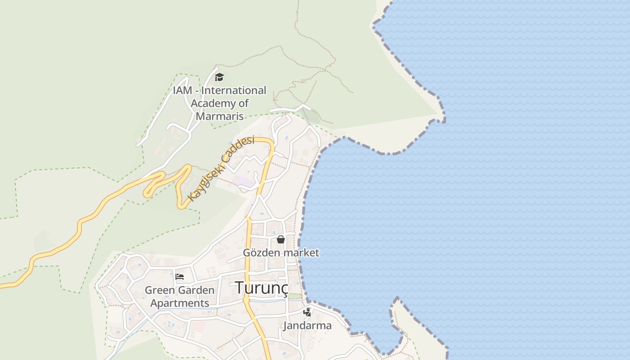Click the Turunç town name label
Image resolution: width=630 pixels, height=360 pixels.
(261, 288)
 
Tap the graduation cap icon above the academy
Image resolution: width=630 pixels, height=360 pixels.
(219, 77)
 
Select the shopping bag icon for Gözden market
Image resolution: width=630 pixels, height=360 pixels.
(281, 239)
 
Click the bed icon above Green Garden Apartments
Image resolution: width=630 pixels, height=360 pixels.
(180, 276)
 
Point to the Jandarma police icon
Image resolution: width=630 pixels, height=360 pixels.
(307, 312)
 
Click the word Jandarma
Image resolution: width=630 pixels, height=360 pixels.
(307, 325)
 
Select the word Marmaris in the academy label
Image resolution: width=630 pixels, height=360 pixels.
(220, 116)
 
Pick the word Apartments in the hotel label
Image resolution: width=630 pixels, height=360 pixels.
(180, 303)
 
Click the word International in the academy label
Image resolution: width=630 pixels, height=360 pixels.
(234, 90)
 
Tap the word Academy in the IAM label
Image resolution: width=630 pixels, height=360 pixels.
(214, 103)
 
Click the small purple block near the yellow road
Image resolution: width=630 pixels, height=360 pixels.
(243, 181)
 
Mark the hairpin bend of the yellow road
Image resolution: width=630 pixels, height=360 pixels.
(147, 193)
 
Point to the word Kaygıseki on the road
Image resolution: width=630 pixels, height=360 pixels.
(205, 183)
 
